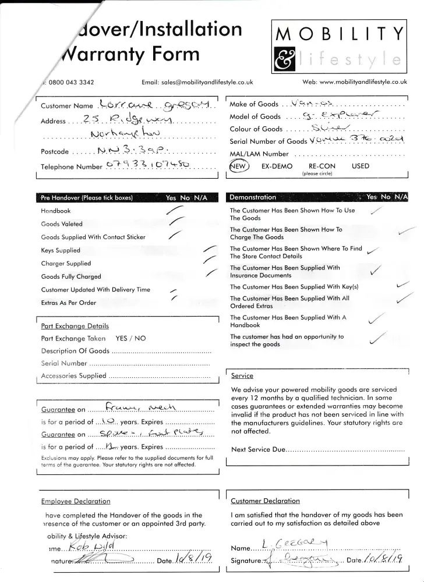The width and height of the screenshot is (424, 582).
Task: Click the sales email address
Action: tap(201, 83)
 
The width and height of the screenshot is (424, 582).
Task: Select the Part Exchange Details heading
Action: tap(75, 325)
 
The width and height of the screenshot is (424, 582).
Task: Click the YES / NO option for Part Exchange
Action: tap(130, 338)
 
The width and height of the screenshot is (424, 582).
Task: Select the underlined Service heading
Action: tap(242, 376)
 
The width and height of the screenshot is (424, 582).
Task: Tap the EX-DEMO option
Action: tap(276, 166)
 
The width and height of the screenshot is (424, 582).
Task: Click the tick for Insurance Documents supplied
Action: tap(376, 271)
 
